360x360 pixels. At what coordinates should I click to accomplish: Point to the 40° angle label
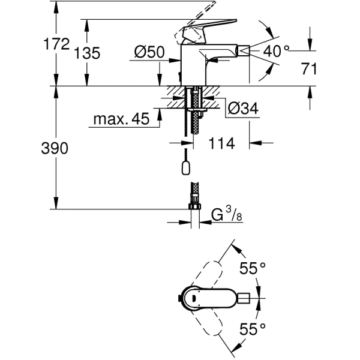276,52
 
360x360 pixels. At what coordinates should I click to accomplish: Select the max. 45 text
121,119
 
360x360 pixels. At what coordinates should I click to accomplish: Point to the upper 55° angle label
253,268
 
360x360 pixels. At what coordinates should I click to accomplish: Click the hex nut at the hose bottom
194,208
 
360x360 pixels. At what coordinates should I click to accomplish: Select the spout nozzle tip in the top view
245,298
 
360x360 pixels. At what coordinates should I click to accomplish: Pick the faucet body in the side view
195,66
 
